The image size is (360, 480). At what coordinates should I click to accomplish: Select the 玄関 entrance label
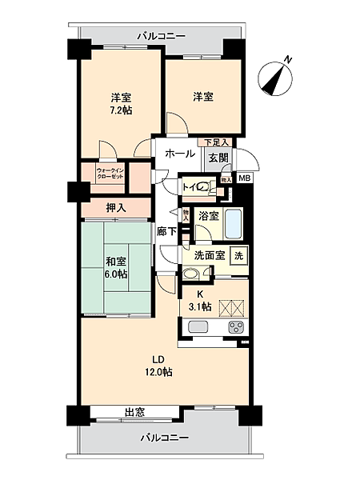[x=218, y=158]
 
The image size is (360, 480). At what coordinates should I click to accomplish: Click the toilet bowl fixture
[x=205, y=188]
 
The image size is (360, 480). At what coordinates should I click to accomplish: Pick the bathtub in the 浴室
[x=234, y=222]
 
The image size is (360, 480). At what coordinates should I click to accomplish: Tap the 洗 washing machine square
[x=238, y=255]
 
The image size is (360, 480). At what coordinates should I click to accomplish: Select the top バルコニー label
[x=160, y=36]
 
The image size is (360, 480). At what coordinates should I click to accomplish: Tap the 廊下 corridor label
[x=166, y=230]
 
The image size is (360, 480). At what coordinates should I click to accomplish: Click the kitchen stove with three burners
[x=237, y=326]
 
